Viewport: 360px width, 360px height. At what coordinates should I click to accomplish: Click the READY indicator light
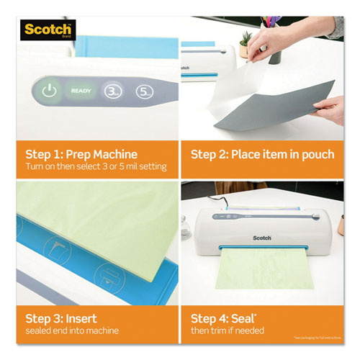tap(80, 92)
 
